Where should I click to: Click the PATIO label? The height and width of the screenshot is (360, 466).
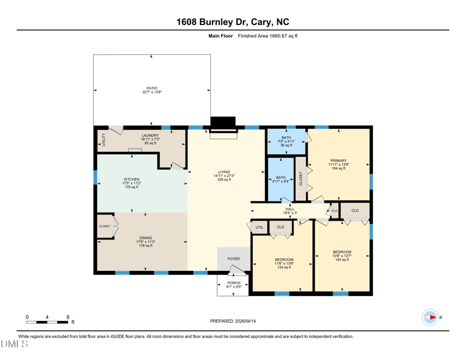point(152,89)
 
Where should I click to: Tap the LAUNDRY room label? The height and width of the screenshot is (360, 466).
point(150,135)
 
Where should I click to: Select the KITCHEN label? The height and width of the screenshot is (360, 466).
point(132,179)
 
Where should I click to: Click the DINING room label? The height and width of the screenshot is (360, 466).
point(146,238)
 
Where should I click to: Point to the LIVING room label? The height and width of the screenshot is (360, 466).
point(224,172)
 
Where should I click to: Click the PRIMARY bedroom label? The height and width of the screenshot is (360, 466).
point(338,161)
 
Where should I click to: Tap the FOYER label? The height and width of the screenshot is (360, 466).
point(234,259)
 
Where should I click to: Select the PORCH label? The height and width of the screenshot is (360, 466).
point(234,283)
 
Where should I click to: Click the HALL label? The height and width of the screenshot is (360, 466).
point(290,209)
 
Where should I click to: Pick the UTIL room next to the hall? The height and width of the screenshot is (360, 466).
point(259,227)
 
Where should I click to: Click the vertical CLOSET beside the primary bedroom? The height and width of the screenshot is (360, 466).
point(301,179)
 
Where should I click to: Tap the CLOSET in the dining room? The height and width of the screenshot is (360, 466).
point(105,226)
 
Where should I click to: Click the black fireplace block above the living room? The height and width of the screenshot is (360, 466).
point(223,122)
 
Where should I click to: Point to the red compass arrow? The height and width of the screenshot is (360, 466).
point(433,317)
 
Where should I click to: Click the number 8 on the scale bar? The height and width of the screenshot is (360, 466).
point(68,317)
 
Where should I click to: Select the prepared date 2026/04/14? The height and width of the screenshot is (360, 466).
point(245,321)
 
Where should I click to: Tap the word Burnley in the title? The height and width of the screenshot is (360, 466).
point(216,22)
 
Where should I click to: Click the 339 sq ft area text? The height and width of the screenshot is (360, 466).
point(224,179)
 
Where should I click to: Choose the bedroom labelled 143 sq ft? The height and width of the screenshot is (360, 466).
point(342,256)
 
